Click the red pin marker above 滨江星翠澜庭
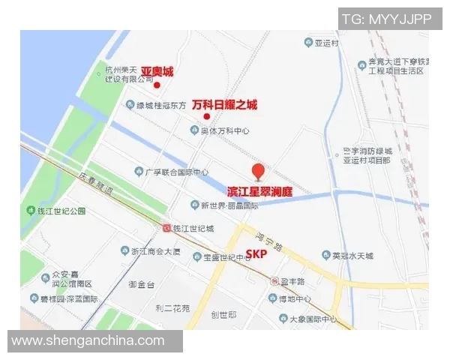258,172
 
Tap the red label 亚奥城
157,72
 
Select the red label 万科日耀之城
224,105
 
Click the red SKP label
256,253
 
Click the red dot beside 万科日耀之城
206,116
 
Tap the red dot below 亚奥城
157,85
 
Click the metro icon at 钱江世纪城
166,227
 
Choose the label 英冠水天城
352,256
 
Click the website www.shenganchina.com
88,340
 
